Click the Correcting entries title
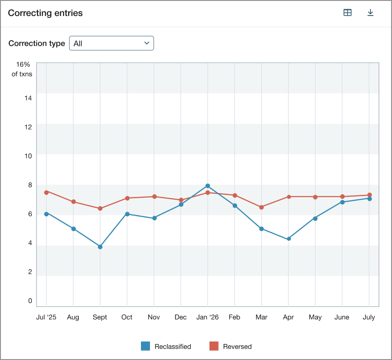(x=45, y=13)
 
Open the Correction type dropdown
(x=111, y=43)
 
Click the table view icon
(x=348, y=13)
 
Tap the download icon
(x=371, y=13)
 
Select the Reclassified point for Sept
(x=100, y=247)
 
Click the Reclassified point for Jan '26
(x=208, y=186)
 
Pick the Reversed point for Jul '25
(x=46, y=192)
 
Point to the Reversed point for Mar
(x=262, y=207)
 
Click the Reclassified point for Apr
(x=289, y=239)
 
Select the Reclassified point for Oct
(x=127, y=214)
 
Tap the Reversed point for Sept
(x=100, y=209)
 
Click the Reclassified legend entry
(x=166, y=346)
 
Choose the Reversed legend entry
(x=231, y=346)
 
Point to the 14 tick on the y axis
(x=29, y=98)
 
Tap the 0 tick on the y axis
(x=30, y=301)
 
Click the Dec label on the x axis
(x=181, y=317)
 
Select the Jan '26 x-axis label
(x=208, y=317)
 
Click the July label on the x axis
(x=369, y=317)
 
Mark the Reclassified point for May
(x=315, y=218)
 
